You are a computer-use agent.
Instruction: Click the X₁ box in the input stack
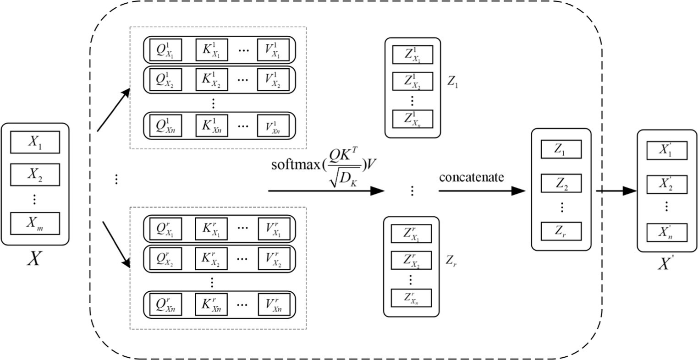[35, 142]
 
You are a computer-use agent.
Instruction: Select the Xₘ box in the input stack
[35, 223]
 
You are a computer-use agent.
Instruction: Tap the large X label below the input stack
[35, 259]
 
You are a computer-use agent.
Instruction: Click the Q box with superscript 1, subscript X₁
[165, 50]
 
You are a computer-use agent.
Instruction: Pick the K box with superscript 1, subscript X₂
[211, 80]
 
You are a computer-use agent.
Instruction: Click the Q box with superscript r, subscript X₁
[165, 229]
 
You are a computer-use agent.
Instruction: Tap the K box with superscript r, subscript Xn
[211, 304]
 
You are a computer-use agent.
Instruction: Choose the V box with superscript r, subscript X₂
[273, 258]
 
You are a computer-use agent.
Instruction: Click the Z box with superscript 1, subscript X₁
[412, 55]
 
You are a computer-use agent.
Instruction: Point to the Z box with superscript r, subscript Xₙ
[411, 297]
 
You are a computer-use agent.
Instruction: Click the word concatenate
[472, 177]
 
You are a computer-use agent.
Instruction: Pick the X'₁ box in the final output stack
[666, 151]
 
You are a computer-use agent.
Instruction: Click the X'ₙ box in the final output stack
[666, 233]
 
